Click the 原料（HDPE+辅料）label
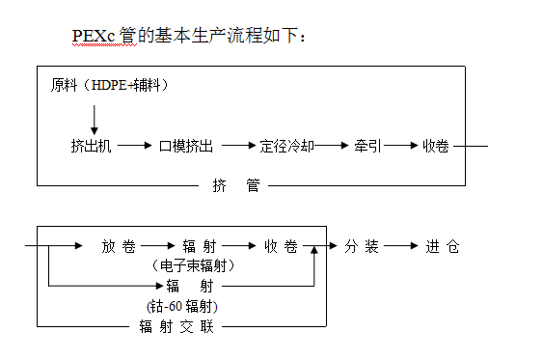coord(110,85)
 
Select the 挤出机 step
coord(92,146)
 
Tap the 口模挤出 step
coord(185,146)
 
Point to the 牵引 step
coord(367,146)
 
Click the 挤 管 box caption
coord(235,185)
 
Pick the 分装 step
coord(359,246)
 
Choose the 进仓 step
coord(440,246)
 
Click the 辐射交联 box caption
coord(176,326)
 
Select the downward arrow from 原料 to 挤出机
coord(95,117)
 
